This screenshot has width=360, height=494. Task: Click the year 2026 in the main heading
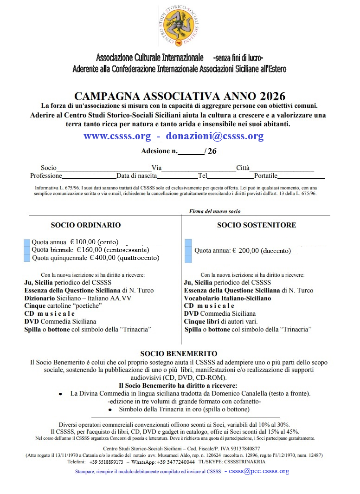[272, 97]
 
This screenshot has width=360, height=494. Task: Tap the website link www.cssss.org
[117, 136]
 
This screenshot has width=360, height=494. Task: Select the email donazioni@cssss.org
[215, 136]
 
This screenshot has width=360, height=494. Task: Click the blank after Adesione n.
[191, 152]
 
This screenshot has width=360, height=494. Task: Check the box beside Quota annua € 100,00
[27, 242]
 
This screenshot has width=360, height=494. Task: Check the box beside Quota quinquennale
[27, 258]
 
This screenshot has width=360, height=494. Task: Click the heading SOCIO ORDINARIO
[85, 225]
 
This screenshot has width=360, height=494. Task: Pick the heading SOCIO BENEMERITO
[179, 354]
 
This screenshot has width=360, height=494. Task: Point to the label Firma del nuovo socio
[215, 212]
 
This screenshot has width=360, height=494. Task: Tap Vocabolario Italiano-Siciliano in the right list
[227, 298]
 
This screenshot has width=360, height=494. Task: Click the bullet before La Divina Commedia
[61, 394]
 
